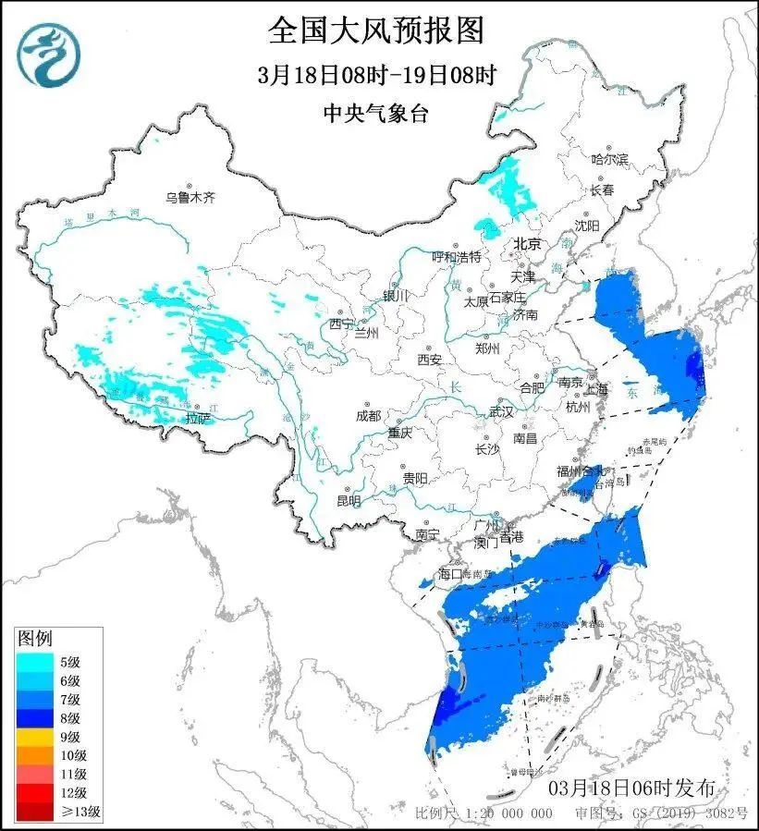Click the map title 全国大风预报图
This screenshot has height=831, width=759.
coord(376,31)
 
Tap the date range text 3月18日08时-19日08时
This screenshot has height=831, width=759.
coord(377,75)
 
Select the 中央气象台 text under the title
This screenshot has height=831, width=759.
coord(376,113)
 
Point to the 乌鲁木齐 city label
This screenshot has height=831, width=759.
coord(190,197)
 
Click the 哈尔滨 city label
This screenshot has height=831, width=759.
coord(610,160)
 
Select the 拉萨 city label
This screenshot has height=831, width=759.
coord(199,419)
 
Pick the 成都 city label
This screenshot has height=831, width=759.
coord(368,416)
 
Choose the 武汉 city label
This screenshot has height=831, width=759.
coord(500,411)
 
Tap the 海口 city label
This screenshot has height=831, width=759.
coord(449,574)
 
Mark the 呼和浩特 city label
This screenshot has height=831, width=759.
coord(458,256)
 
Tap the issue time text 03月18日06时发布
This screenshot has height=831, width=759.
coord(631,788)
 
